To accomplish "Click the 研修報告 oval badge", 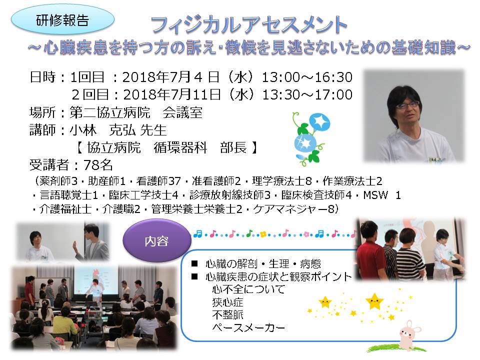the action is [62, 20].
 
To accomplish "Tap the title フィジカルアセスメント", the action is [249, 25].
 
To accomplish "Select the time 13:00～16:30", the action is [307, 77].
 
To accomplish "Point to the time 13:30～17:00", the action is [307, 94].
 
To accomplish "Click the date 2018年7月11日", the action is [171, 94].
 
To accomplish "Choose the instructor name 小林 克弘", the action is [102, 130].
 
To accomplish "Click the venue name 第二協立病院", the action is [110, 112].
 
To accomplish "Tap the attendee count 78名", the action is [98, 165].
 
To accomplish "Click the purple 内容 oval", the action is [156, 241].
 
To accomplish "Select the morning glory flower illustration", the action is [310, 138].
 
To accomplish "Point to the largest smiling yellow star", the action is [374, 301].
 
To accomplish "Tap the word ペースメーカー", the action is [248, 327].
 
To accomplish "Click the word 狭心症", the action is [227, 302].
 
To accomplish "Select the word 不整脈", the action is [227, 314].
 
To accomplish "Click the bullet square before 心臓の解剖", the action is [194, 263].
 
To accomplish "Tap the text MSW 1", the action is [381, 195].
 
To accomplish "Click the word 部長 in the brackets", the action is [233, 147].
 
